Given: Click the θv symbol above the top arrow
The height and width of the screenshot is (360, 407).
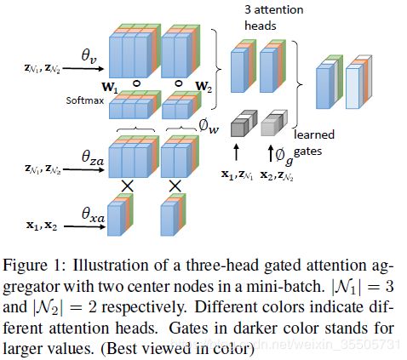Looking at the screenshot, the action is [x=89, y=55].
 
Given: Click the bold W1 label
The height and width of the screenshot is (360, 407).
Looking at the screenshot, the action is [x=110, y=87].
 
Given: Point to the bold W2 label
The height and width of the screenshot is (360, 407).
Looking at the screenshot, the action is [x=203, y=87].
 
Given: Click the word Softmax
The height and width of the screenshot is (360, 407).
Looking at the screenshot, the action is [x=85, y=100].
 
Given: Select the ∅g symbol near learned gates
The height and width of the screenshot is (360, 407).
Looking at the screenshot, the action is [x=284, y=156].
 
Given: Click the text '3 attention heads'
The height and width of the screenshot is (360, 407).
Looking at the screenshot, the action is [x=274, y=18].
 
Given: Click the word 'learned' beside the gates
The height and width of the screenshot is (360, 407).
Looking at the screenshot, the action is [x=314, y=134].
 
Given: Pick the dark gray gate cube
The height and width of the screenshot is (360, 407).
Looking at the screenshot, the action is [x=244, y=123].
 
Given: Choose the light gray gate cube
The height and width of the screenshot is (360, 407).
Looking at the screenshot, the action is [x=274, y=123].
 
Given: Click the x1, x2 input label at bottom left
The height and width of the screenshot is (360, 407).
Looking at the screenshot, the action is [x=42, y=226].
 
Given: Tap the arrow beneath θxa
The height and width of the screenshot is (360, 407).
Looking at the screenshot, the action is [x=84, y=226].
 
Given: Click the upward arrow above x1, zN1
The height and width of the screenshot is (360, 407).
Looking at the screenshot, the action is [x=236, y=152].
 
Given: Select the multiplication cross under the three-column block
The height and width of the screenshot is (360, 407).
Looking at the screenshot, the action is [x=128, y=186].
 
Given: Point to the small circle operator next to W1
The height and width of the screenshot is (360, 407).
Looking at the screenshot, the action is [x=137, y=83].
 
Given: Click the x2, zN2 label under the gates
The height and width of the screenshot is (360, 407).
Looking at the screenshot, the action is [x=277, y=175].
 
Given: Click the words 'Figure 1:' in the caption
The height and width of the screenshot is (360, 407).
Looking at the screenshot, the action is [x=35, y=266].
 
